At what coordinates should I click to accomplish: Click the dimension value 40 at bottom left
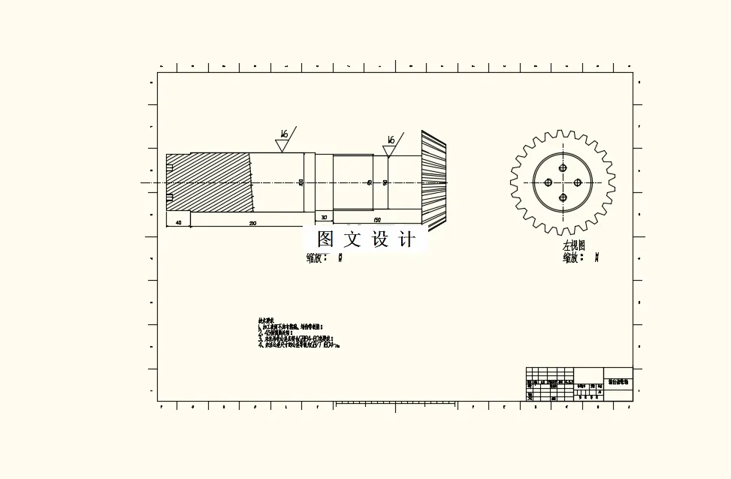pyautogui.click(x=178, y=223)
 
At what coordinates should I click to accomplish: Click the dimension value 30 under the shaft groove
pyautogui.click(x=324, y=218)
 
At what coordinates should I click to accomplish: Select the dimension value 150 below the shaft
pyautogui.click(x=377, y=220)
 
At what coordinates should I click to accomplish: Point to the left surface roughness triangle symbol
pyautogui.click(x=282, y=145)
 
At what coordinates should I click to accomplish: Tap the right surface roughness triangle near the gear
pyautogui.click(x=389, y=150)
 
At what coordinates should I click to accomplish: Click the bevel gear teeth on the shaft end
pyautogui.click(x=433, y=181)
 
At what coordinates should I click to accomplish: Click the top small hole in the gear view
pyautogui.click(x=563, y=168)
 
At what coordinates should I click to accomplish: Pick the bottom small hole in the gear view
pyautogui.click(x=563, y=197)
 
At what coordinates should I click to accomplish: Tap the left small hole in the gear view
pyautogui.click(x=548, y=182)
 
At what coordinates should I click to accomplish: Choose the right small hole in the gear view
pyautogui.click(x=578, y=182)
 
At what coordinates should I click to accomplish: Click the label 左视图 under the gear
pyautogui.click(x=573, y=246)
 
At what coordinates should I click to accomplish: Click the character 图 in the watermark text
pyautogui.click(x=325, y=239)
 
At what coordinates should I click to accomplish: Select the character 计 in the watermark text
pyautogui.click(x=406, y=239)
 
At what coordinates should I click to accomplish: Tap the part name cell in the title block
pyautogui.click(x=618, y=382)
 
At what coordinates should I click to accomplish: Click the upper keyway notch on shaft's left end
pyautogui.click(x=170, y=167)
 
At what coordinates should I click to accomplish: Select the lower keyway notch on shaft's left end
pyautogui.click(x=170, y=197)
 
